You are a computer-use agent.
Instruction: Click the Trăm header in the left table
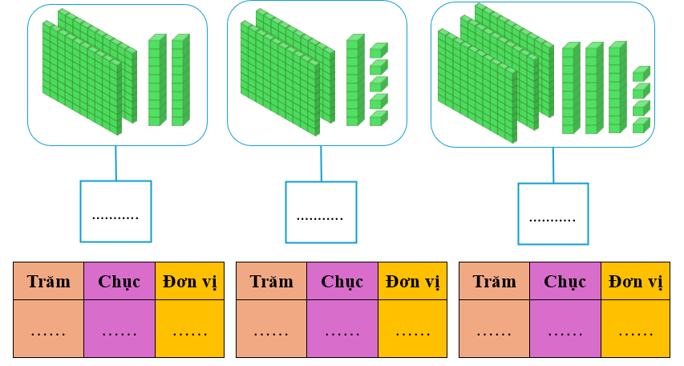(48, 282)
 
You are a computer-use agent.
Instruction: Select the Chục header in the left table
(119, 282)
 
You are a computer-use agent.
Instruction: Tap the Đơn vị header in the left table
(189, 282)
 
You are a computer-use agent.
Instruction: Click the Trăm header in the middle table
(271, 282)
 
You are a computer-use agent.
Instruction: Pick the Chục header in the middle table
(342, 282)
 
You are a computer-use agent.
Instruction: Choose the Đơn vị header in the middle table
(412, 282)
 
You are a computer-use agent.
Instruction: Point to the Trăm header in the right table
(494, 282)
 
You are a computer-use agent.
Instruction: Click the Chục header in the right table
(565, 282)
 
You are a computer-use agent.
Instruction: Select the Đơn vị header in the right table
(635, 282)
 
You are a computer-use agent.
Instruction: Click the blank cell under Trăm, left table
(48, 329)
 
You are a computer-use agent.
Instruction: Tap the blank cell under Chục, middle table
(342, 329)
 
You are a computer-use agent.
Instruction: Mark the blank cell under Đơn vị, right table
(635, 329)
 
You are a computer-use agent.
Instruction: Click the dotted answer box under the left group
(115, 211)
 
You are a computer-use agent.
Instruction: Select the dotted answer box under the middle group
(321, 212)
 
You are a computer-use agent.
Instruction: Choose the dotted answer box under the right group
(552, 213)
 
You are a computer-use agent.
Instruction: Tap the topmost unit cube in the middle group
(378, 51)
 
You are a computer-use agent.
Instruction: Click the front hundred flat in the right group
(477, 87)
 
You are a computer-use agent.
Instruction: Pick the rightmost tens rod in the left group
(180, 80)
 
